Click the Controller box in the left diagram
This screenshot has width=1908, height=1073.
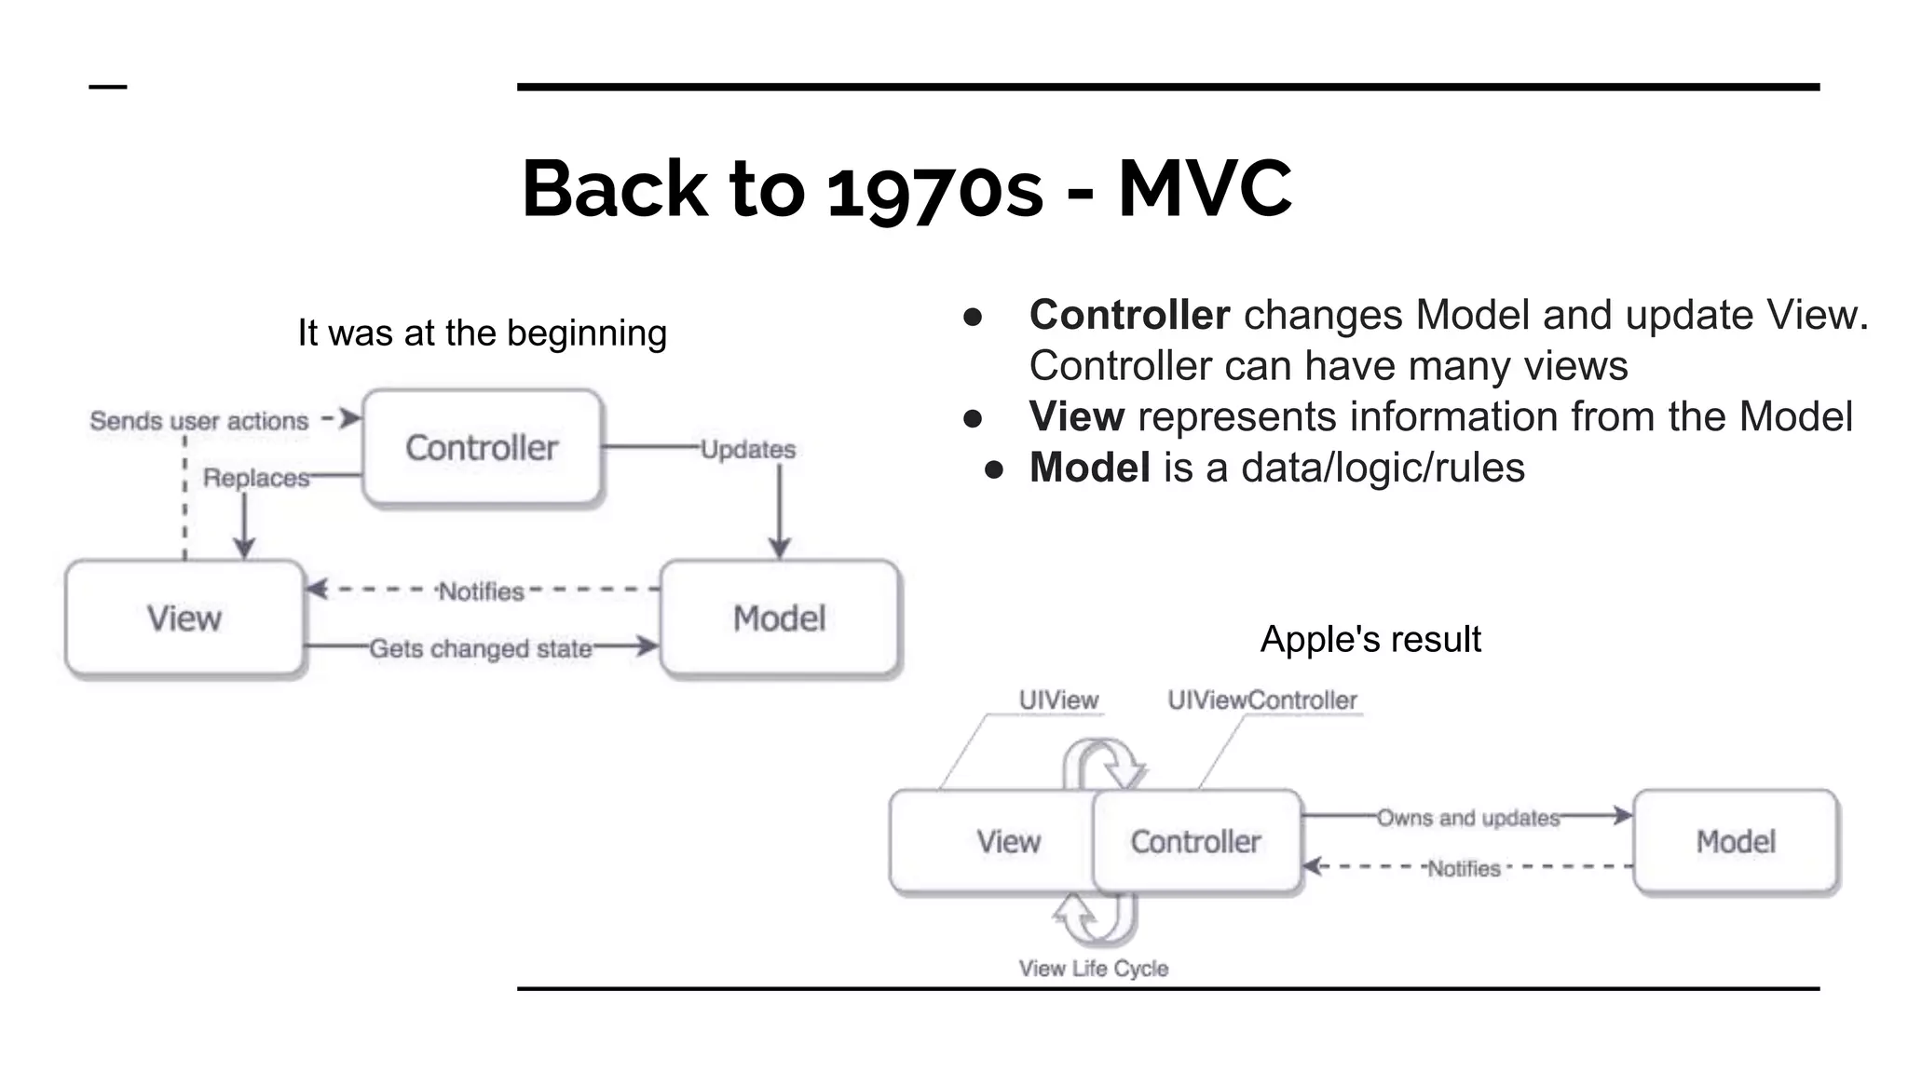pos(482,448)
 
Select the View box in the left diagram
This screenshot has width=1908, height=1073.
pos(184,618)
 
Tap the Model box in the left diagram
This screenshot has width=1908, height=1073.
pos(780,618)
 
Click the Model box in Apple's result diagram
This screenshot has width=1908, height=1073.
pos(1736,842)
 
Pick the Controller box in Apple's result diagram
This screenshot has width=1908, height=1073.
pos(1196,842)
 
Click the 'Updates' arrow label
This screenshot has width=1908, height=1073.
pos(748,450)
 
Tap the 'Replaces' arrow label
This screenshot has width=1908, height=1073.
pos(256,478)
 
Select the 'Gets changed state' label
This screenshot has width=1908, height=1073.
pos(481,648)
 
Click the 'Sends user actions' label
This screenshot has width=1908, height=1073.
pos(198,421)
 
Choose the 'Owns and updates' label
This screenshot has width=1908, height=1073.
pos(1468,818)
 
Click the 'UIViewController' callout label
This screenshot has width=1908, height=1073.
pos(1262,699)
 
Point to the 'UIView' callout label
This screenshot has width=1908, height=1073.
pos(1058,699)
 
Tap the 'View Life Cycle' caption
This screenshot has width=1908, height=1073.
pos(1093,969)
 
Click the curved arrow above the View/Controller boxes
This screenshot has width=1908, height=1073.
pos(1106,761)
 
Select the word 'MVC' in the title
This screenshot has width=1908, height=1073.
pos(1205,189)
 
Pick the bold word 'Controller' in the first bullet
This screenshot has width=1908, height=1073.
pos(1129,315)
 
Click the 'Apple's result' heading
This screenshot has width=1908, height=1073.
pos(1370,639)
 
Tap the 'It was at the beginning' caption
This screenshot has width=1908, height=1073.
pos(482,333)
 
